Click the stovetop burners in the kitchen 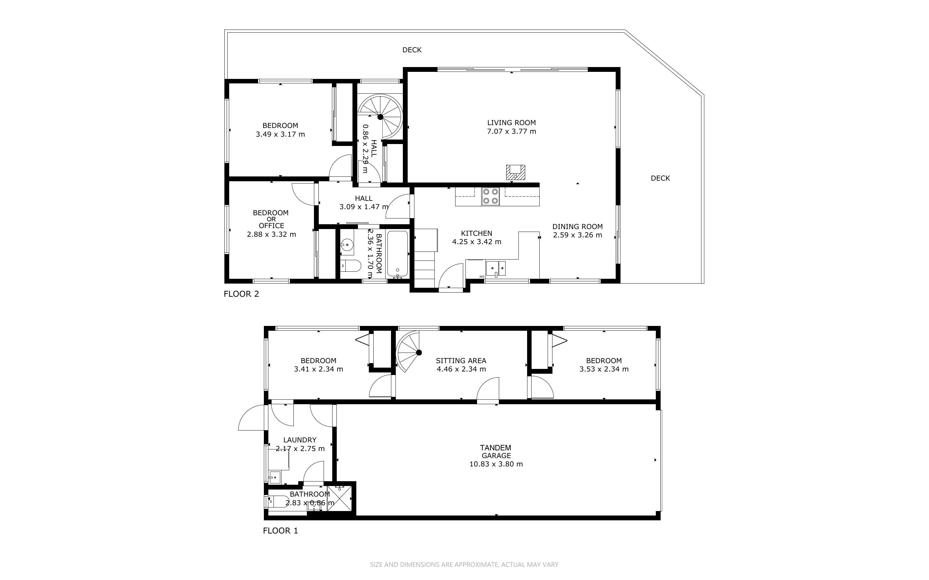pyautogui.click(x=491, y=196)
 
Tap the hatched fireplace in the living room pyautogui.click(x=515, y=172)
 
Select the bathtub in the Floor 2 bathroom pyautogui.click(x=397, y=253)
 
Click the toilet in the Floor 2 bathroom pyautogui.click(x=351, y=265)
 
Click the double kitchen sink pyautogui.click(x=496, y=268)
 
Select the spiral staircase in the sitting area pyautogui.click(x=409, y=352)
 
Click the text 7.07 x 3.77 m pyautogui.click(x=511, y=131)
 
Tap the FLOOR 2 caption pyautogui.click(x=241, y=294)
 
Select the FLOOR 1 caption pyautogui.click(x=280, y=531)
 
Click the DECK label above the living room pyautogui.click(x=412, y=50)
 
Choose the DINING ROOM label pyautogui.click(x=577, y=227)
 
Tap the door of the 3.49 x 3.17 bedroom pyautogui.click(x=341, y=167)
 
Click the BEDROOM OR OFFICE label pyautogui.click(x=271, y=219)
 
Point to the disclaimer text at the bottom pyautogui.click(x=464, y=565)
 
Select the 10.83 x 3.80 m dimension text pyautogui.click(x=496, y=464)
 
